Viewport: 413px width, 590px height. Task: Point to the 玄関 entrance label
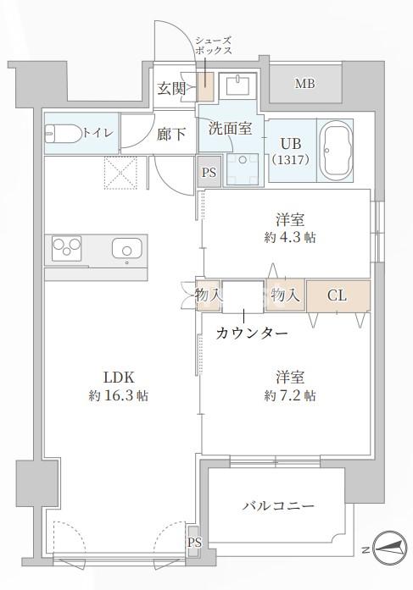point(171,88)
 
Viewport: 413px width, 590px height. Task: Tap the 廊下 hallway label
point(171,133)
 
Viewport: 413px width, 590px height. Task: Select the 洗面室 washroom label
point(230,129)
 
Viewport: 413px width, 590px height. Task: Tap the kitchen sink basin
point(126,250)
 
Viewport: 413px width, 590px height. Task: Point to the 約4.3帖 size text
point(289,238)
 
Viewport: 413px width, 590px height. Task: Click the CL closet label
point(337,295)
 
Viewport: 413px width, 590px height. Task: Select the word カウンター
point(253,333)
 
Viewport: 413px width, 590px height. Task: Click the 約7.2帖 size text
point(289,395)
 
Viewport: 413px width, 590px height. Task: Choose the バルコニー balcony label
point(277,506)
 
